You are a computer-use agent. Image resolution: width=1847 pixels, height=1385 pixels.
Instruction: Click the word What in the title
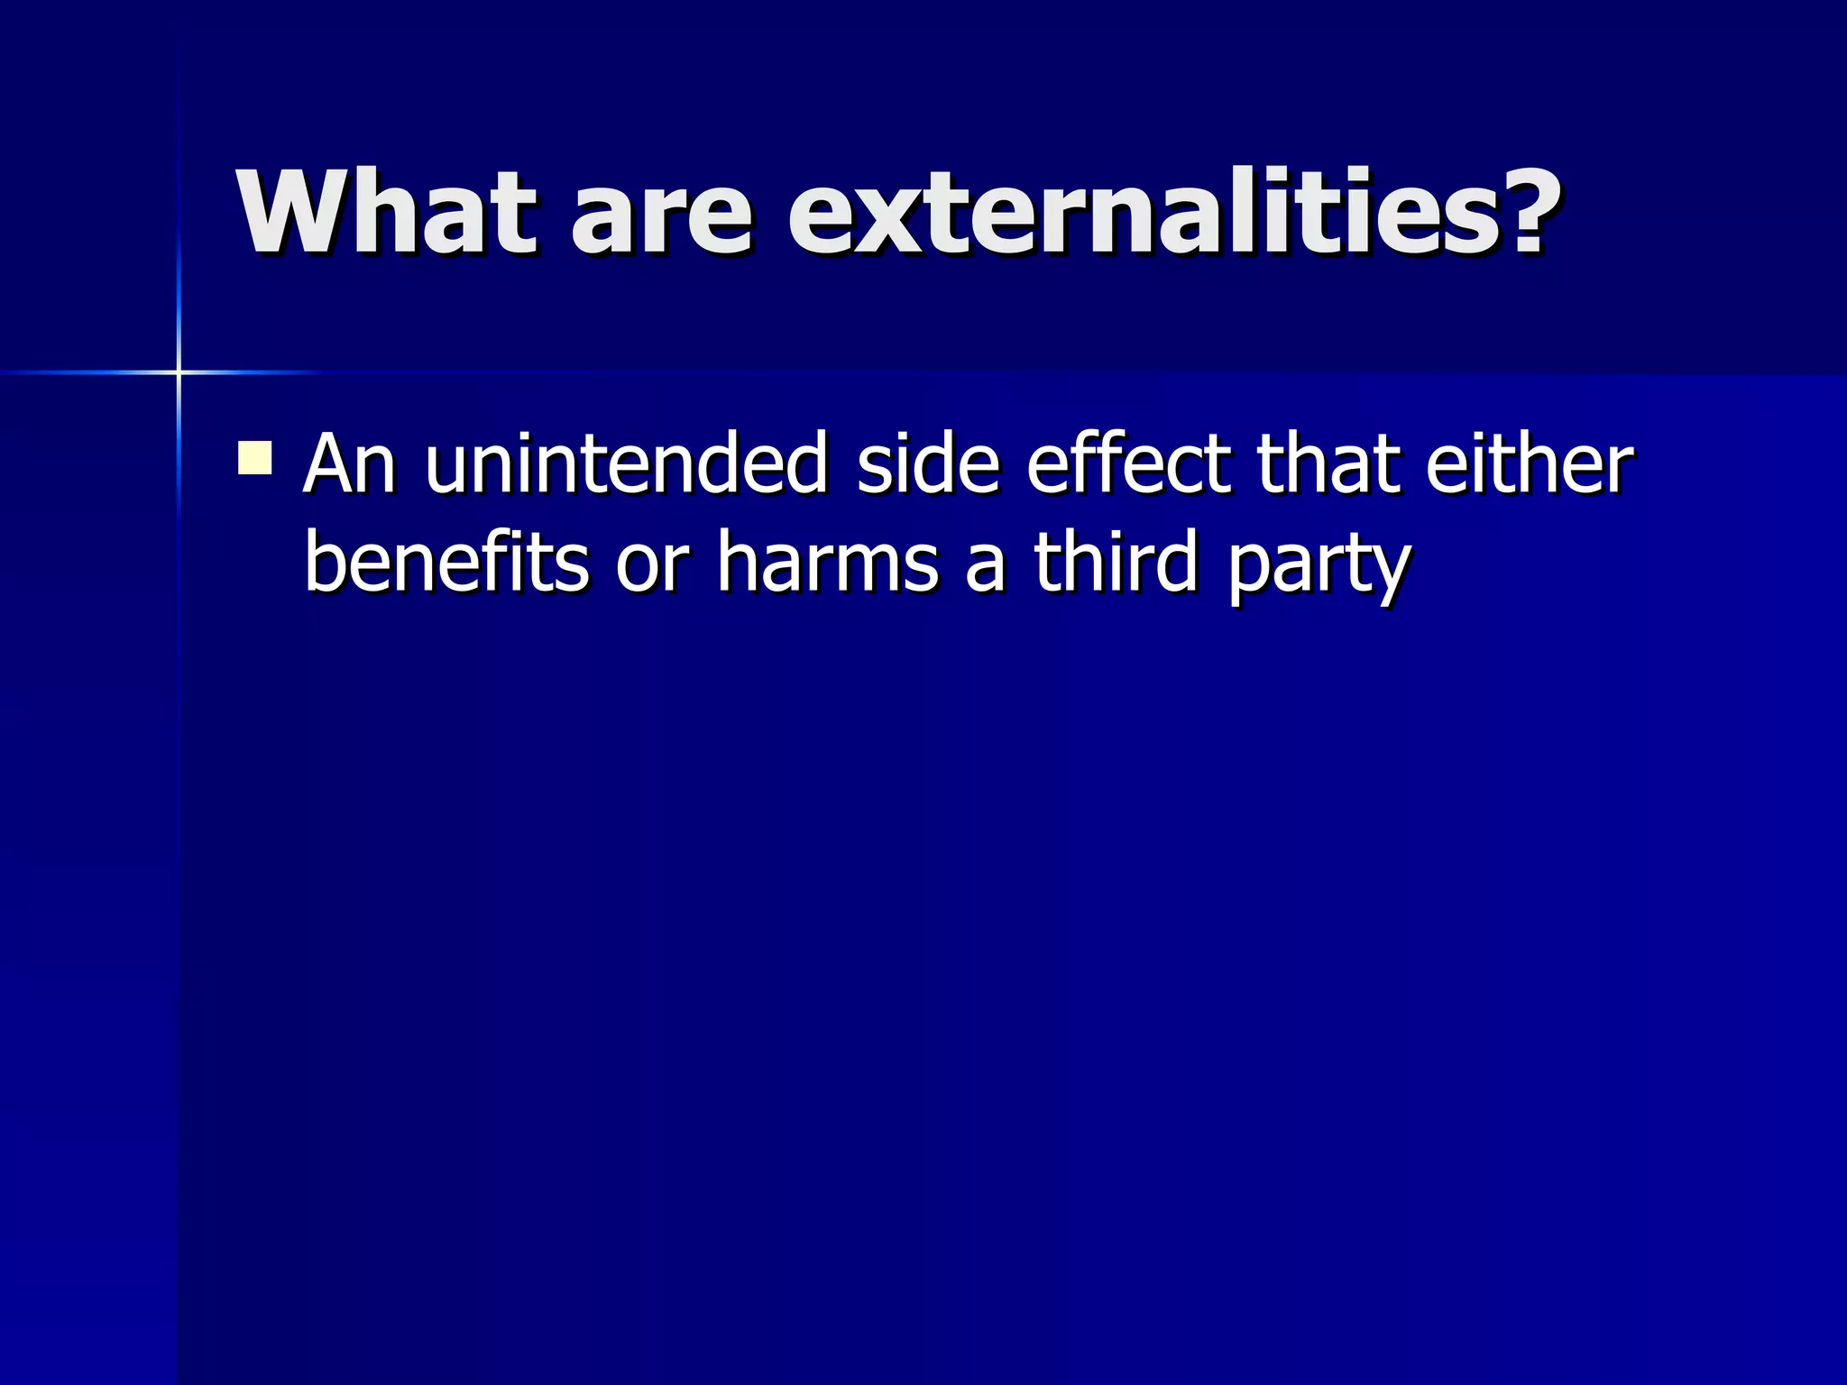click(387, 213)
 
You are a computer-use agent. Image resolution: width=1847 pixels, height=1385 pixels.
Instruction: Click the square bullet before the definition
click(255, 457)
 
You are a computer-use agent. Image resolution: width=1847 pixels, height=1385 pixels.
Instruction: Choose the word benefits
click(446, 563)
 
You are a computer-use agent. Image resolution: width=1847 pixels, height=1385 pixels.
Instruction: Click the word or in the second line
click(652, 568)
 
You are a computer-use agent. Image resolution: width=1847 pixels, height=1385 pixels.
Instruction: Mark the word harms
click(828, 563)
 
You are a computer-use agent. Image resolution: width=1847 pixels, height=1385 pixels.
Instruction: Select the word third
click(1116, 563)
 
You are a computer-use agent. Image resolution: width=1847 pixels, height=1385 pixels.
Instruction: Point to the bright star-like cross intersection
click(179, 371)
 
